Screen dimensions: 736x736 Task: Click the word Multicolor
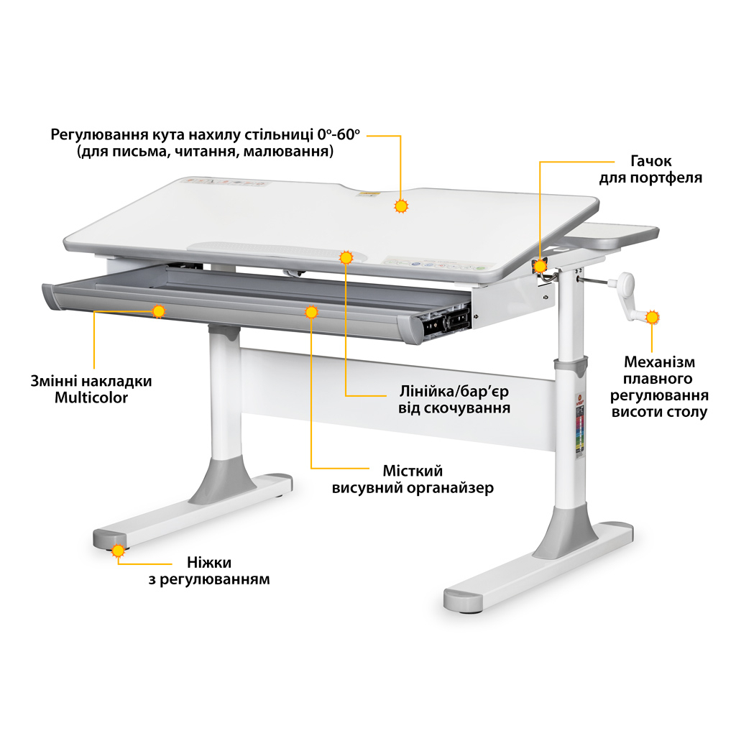click(91, 397)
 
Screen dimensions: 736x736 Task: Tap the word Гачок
click(650, 161)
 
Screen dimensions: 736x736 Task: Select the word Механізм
click(659, 362)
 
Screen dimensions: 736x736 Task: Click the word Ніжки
click(209, 562)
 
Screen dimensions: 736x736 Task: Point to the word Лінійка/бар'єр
click(454, 391)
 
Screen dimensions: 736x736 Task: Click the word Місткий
click(413, 470)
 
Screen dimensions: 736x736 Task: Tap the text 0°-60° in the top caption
click(339, 134)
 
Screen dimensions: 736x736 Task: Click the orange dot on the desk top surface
click(401, 206)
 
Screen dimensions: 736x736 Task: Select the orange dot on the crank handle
click(652, 317)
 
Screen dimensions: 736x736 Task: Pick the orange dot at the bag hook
click(540, 266)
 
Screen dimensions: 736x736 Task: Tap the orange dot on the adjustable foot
click(119, 551)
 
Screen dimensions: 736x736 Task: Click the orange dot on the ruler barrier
click(346, 257)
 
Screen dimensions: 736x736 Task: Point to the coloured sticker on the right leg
click(580, 425)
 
